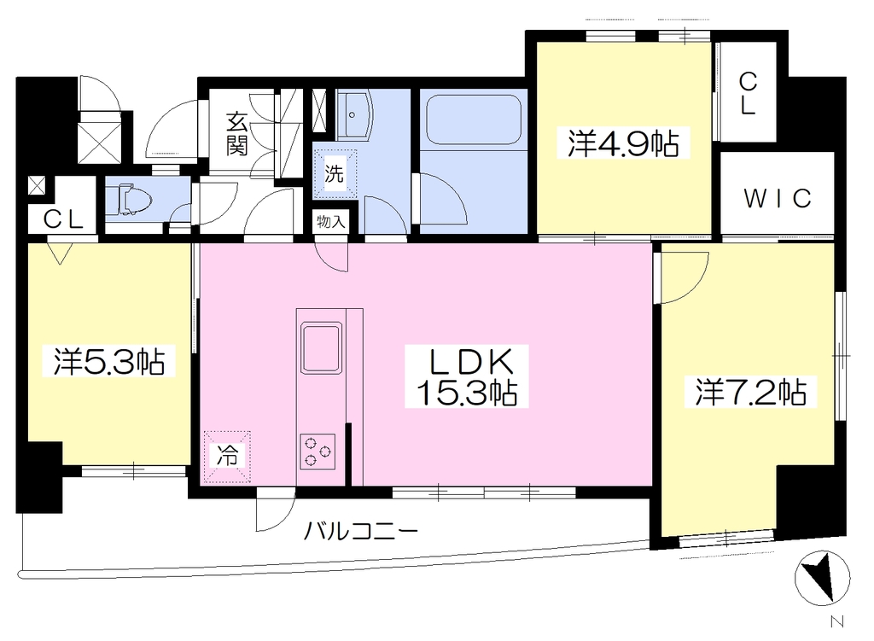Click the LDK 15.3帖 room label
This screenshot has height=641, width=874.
467,376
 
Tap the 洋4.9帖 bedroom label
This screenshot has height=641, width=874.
623,143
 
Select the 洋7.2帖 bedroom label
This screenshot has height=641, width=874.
750,393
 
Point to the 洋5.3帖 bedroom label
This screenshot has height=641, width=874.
109,361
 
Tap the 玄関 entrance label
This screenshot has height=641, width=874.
237,134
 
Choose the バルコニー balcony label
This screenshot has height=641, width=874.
361,531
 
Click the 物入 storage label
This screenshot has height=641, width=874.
331,222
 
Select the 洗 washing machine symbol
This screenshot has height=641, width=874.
335,174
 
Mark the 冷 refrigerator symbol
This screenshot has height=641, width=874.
227,457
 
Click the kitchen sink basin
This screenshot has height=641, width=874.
321,347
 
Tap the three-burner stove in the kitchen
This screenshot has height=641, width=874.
318,451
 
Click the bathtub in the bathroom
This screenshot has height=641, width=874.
474,119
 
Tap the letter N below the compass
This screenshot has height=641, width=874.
836,621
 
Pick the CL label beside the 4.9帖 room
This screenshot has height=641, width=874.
748,94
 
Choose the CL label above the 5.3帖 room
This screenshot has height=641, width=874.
63,219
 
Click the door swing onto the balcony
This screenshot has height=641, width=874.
276,510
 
